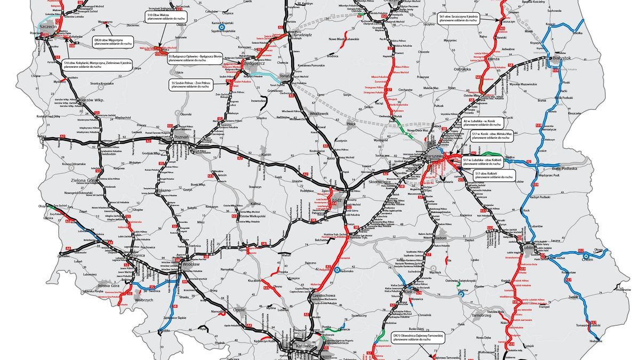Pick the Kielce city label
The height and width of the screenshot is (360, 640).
pos(410,292)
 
